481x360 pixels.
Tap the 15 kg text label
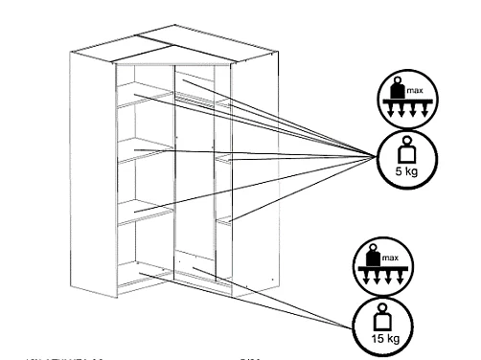click(377, 339)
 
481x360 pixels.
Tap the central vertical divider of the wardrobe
click(172, 172)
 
